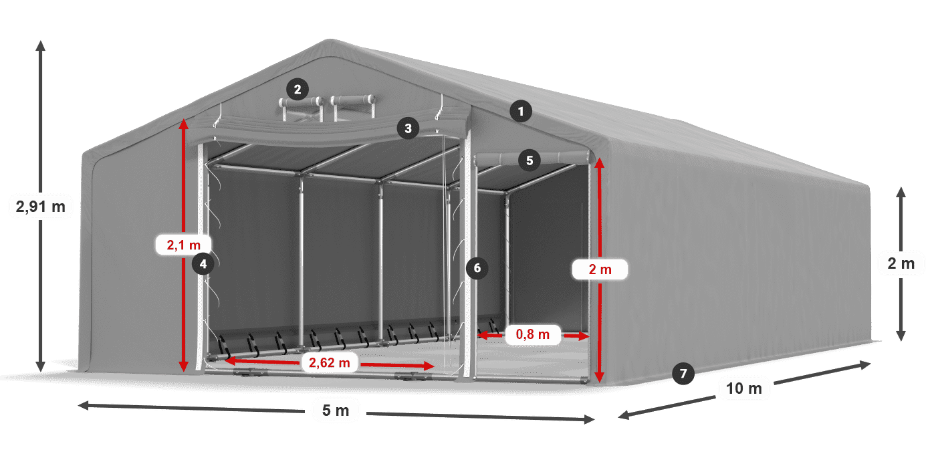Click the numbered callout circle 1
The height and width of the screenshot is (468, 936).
pyautogui.click(x=521, y=111)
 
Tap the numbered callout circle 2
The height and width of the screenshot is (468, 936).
pyautogui.click(x=298, y=89)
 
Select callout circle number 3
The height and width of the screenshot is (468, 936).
pyautogui.click(x=408, y=128)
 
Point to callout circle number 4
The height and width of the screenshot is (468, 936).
pyautogui.click(x=203, y=263)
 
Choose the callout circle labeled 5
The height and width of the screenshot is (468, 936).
pyautogui.click(x=530, y=160)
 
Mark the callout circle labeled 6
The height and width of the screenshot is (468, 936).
pyautogui.click(x=477, y=268)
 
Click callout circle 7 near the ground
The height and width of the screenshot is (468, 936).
pyautogui.click(x=683, y=373)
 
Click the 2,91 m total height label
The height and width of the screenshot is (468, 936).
pyautogui.click(x=41, y=207)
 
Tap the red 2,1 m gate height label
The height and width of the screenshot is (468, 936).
pyautogui.click(x=183, y=245)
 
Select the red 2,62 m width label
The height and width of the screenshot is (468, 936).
pyautogui.click(x=329, y=362)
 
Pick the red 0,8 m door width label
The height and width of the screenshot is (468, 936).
pyautogui.click(x=533, y=334)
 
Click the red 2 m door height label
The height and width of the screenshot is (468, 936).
pyautogui.click(x=600, y=269)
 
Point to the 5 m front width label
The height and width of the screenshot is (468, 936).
pyautogui.click(x=336, y=411)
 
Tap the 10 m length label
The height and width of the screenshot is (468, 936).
pyautogui.click(x=744, y=388)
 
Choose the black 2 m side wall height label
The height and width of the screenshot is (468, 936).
pyautogui.click(x=901, y=263)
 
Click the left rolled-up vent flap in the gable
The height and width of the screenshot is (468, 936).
pyautogui.click(x=301, y=102)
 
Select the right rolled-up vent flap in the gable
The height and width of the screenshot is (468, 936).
pyautogui.click(x=353, y=100)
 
